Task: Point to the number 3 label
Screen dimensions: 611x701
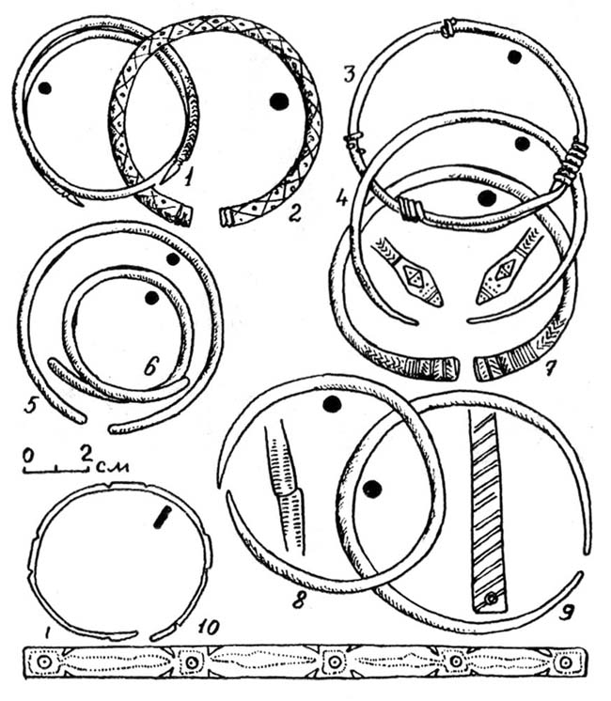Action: [351, 73]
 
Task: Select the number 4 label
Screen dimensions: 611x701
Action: [342, 197]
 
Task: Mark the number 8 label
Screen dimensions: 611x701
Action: [299, 600]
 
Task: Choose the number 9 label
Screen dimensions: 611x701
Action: [566, 611]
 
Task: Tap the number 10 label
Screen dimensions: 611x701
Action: [208, 627]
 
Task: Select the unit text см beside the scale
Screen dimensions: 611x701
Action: [113, 467]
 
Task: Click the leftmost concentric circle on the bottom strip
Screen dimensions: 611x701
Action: [43, 662]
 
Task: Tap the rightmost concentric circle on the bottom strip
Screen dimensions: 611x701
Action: [566, 662]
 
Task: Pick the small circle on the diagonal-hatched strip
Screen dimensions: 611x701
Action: [492, 597]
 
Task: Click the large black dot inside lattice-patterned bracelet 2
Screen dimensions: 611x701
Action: [279, 101]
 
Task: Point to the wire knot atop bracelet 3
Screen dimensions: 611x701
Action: [447, 27]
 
